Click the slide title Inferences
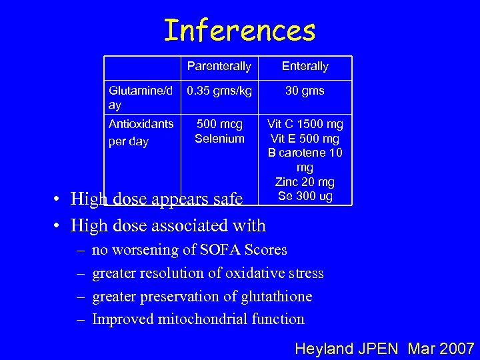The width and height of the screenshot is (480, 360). tap(239, 30)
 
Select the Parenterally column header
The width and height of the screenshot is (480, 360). tap(219, 66)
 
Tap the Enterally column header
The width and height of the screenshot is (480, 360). tap(305, 66)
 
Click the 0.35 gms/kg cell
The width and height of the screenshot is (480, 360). tap(219, 91)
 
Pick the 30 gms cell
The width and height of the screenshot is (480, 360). tap(305, 91)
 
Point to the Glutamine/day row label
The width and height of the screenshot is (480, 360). tap(141, 97)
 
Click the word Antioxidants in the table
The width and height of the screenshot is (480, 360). tap(141, 124)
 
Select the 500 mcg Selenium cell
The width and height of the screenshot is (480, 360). tap(219, 131)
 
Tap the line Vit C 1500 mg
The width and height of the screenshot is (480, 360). tap(305, 124)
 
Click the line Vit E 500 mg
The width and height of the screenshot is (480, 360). tap(305, 139)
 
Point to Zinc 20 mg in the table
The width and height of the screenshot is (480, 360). tap(305, 182)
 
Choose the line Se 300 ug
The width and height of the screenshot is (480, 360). tap(305, 196)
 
